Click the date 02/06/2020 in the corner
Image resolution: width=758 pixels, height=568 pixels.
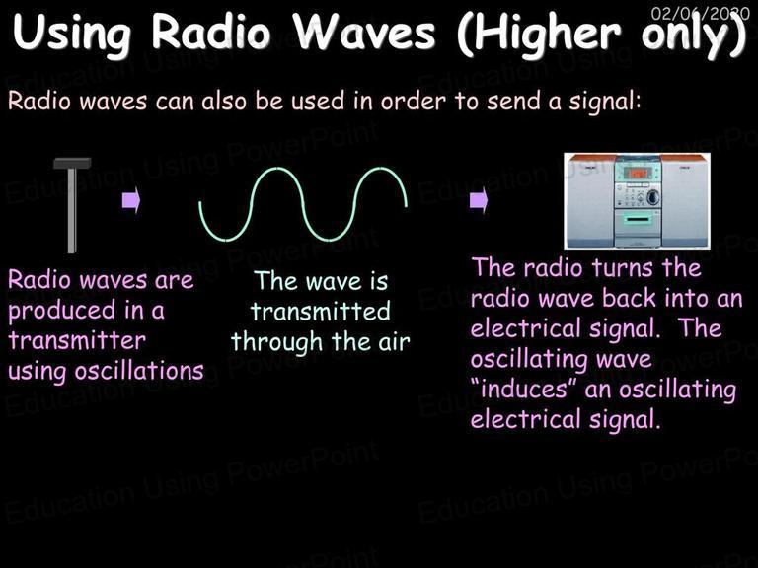(700, 13)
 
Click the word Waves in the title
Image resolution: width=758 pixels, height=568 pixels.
(366, 33)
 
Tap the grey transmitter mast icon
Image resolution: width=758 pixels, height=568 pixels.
(72, 205)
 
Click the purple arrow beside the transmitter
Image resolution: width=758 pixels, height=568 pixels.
(131, 200)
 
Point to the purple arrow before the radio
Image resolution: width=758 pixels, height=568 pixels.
(479, 200)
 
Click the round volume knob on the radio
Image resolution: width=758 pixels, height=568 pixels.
(653, 196)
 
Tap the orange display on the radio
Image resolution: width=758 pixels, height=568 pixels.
(637, 173)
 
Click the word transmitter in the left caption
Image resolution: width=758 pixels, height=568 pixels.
(77, 340)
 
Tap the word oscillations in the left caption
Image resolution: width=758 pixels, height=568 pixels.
(139, 371)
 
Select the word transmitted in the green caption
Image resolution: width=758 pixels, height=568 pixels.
(320, 311)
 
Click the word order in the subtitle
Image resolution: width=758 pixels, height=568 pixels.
(413, 101)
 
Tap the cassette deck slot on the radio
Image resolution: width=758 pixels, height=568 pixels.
(638, 220)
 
